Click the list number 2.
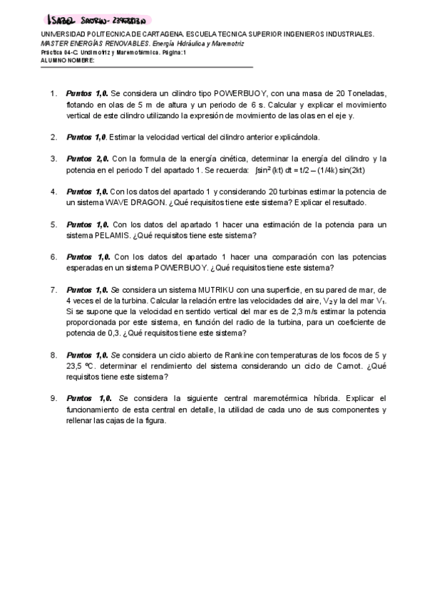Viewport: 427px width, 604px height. (53, 137)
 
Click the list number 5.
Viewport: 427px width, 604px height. (53, 224)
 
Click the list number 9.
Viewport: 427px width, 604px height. (53, 398)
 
